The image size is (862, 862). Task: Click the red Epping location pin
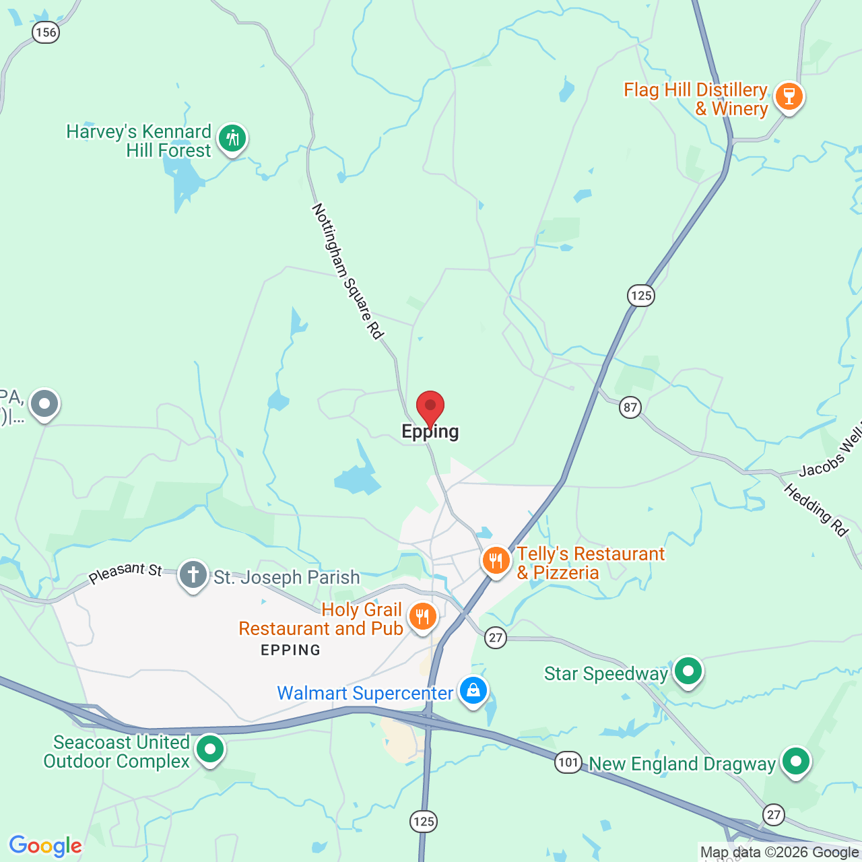click(430, 407)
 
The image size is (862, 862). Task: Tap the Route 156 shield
click(46, 32)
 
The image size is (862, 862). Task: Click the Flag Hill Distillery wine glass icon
click(789, 97)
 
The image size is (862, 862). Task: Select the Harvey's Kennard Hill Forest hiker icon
click(233, 139)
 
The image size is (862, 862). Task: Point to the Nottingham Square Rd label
click(347, 271)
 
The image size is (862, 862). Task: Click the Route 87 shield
click(630, 407)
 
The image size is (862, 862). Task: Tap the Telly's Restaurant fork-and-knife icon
click(496, 560)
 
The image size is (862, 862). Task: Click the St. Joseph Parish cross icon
click(193, 576)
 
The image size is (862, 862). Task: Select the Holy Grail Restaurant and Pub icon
click(422, 616)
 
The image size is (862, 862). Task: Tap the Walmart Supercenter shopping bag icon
click(473, 691)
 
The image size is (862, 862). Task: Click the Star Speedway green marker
click(688, 671)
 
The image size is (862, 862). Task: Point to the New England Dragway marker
click(796, 761)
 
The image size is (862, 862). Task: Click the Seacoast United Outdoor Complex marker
click(210, 749)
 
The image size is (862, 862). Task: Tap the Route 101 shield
click(568, 762)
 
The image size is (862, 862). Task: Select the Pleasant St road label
click(126, 572)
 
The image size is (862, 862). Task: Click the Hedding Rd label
click(816, 510)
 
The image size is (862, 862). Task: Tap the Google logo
click(46, 846)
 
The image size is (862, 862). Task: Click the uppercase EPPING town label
click(290, 650)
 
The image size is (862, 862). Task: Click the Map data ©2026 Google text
click(779, 853)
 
